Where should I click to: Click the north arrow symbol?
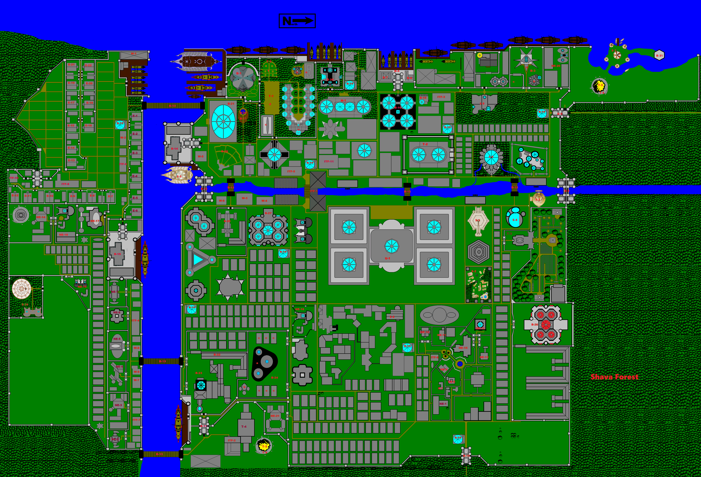tap(297, 21)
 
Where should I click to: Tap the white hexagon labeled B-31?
tap(659, 55)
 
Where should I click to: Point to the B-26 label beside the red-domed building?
tap(534, 325)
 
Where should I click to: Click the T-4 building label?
tap(244, 426)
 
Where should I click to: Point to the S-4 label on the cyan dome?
tap(515, 220)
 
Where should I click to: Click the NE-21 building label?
tap(275, 416)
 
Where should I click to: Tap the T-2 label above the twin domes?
tap(425, 144)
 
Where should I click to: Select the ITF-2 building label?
tap(232, 440)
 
